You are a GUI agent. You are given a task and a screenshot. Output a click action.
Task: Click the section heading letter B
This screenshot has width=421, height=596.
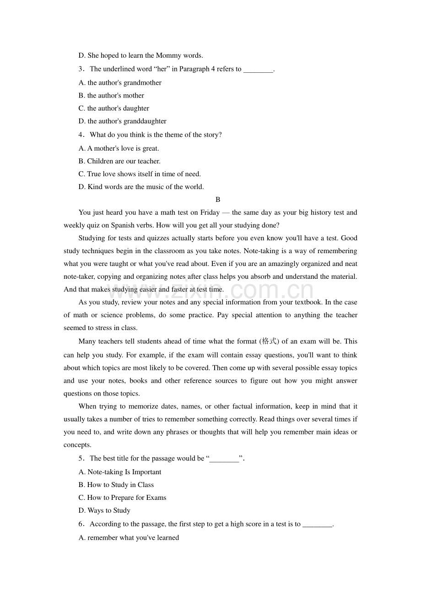click(x=218, y=200)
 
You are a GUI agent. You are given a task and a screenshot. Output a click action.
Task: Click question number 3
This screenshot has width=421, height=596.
click(x=81, y=69)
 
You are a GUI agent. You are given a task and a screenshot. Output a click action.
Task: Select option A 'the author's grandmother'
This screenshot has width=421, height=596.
click(x=120, y=83)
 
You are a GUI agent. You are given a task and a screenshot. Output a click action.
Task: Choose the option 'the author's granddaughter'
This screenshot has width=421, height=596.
click(x=122, y=121)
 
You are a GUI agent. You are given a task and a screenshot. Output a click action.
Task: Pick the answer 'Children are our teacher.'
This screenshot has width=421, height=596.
click(x=119, y=161)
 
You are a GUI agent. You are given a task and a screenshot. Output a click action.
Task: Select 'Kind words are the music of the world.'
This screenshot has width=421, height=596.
click(x=141, y=187)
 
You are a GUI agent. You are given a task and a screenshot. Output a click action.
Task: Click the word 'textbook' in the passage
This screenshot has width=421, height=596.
click(x=308, y=302)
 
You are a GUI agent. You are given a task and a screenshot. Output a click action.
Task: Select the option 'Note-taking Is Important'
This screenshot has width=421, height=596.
click(x=120, y=472)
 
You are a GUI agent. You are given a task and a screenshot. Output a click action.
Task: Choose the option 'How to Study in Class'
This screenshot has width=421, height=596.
click(x=116, y=485)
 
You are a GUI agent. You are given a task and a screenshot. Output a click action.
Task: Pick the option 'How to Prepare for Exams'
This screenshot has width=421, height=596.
click(x=122, y=498)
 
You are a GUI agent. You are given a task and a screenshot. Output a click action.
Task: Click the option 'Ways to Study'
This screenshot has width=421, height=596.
click(x=104, y=510)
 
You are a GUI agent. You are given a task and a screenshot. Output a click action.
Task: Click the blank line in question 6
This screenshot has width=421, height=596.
click(x=317, y=525)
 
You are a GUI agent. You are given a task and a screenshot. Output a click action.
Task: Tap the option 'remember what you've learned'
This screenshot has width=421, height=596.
click(x=129, y=538)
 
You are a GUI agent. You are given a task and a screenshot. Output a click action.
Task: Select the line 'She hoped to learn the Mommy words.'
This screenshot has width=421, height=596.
click(x=140, y=55)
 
